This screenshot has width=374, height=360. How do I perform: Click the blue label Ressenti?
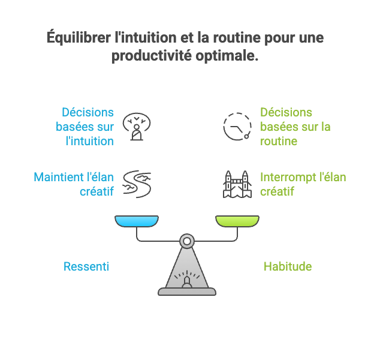pos(86,266)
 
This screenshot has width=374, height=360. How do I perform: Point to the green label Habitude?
pos(288,266)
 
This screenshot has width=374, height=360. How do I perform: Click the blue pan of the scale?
pos(137,222)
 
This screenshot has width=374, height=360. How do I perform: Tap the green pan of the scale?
pos(238,222)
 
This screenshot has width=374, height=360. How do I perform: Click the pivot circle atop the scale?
pos(188,242)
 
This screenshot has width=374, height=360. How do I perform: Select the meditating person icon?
pos(137,127)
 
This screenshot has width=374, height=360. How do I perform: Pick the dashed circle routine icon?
pos(237,127)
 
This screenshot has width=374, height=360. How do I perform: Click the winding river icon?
pos(137,183)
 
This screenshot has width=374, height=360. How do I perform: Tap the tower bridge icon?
pos(237,184)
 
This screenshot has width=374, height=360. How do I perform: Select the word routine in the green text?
pos(279,142)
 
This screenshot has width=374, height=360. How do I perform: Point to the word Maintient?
pos(59,178)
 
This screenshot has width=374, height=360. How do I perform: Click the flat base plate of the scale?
pos(187,292)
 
